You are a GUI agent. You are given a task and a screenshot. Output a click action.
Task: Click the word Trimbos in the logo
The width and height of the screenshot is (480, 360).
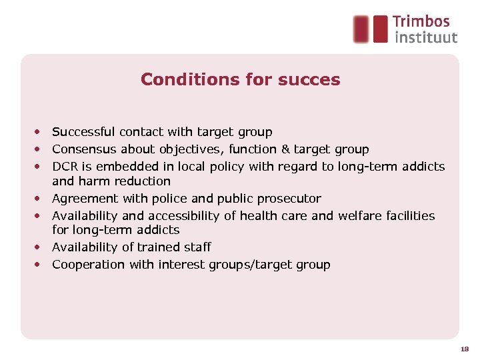click(x=421, y=22)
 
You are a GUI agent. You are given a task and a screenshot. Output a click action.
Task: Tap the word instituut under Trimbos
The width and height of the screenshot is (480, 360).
click(x=425, y=37)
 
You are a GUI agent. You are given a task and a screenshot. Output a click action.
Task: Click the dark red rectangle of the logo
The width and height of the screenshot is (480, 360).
click(x=380, y=29)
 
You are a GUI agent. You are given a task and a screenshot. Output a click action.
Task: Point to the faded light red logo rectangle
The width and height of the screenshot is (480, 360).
click(x=361, y=29)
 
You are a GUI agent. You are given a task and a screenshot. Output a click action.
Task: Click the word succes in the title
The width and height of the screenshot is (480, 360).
click(x=309, y=80)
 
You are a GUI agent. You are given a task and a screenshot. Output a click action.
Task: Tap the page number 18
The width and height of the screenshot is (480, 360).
click(x=464, y=349)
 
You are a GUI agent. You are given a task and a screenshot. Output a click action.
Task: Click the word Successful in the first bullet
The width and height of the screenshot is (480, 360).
click(x=83, y=132)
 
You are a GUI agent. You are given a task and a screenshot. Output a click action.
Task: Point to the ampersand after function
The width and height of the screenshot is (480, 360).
click(x=285, y=149)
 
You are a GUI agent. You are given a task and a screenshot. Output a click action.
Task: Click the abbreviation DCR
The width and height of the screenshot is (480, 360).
click(x=65, y=167)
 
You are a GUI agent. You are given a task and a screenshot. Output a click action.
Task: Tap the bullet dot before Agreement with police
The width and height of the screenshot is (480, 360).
click(x=40, y=199)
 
